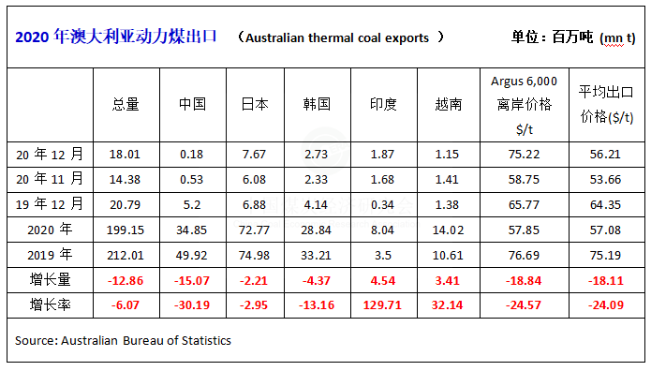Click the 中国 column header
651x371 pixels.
coord(192,104)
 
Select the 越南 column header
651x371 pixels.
coord(449,104)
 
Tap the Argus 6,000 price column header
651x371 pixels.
coord(524,105)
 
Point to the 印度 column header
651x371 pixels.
coord(383,104)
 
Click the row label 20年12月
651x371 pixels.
coord(50,155)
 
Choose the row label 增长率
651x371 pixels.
coord(51,304)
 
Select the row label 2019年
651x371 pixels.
coord(50,255)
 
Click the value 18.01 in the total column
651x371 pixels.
coord(125,155)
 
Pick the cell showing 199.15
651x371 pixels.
coord(126,230)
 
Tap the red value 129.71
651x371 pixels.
coord(382,305)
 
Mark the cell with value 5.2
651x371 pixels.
coord(192,205)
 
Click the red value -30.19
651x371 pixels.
coord(192,305)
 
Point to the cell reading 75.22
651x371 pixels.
coord(524,155)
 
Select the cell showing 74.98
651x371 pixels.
coord(254,255)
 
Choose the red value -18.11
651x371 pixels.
coord(606,281)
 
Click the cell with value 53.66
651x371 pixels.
coord(605,180)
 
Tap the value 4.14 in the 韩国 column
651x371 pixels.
coord(316,205)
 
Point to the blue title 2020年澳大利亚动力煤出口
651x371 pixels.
coord(116,37)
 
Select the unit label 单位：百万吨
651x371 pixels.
coord(552,37)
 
